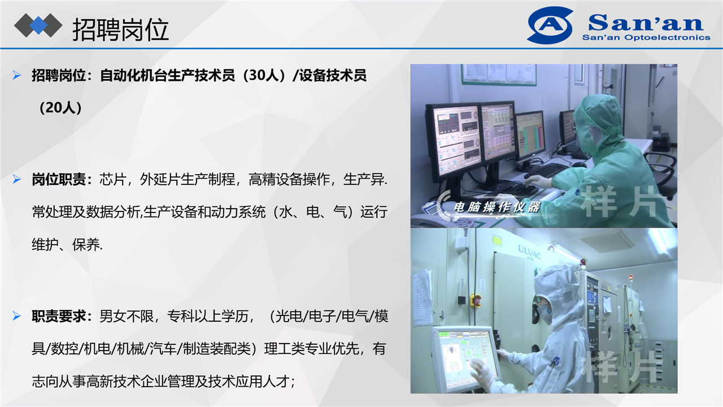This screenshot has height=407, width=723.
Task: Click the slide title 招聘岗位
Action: point(120,29)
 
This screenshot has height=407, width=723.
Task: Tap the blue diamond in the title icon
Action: point(38,25)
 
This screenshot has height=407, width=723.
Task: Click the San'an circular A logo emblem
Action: point(550,25)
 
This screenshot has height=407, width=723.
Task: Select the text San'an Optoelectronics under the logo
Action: point(646,37)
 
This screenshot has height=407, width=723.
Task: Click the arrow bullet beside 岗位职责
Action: point(16,179)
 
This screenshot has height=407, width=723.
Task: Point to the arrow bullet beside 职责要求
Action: point(16,315)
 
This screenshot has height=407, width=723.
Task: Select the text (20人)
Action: point(60,108)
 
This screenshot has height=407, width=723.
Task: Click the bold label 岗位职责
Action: point(59,180)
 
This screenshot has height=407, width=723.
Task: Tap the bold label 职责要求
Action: point(59,316)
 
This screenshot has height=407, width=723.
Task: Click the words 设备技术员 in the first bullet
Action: point(333,75)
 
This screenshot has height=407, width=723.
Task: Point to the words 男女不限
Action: point(127,316)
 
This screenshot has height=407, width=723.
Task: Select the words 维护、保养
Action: point(67,245)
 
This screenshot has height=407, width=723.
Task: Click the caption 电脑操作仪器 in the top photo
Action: point(497,207)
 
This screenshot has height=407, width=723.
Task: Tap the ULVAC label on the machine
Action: point(529,252)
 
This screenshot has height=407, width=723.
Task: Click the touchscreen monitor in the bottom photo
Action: point(465,359)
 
